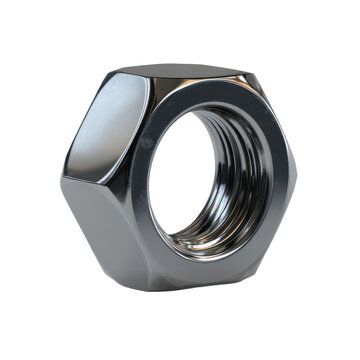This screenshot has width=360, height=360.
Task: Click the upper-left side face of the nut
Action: (x=105, y=125)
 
